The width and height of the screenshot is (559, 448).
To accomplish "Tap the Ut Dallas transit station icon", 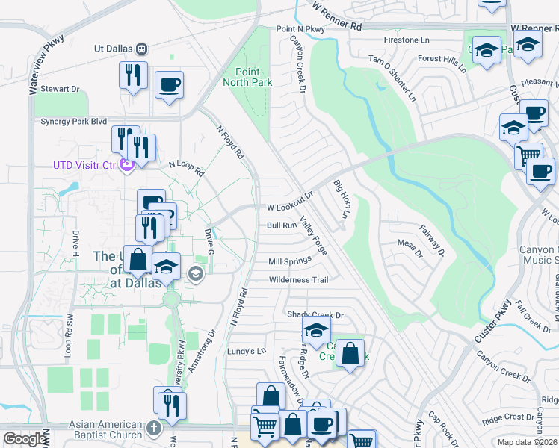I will [140, 49].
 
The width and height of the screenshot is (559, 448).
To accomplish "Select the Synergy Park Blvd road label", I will [74, 121].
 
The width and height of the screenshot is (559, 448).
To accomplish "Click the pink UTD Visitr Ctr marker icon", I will [127, 165].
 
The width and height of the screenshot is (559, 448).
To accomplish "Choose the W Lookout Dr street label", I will [289, 208].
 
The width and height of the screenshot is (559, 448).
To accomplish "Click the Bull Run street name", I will [282, 225].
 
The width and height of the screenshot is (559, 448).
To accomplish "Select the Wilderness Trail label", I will [299, 280].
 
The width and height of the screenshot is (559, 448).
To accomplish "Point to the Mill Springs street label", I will [289, 261].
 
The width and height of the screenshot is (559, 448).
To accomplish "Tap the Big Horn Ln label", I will [341, 199].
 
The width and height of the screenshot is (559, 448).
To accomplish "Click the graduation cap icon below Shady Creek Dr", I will [316, 329].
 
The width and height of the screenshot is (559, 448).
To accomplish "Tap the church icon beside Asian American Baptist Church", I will [154, 429].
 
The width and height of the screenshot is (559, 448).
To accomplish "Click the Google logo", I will [25, 439].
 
